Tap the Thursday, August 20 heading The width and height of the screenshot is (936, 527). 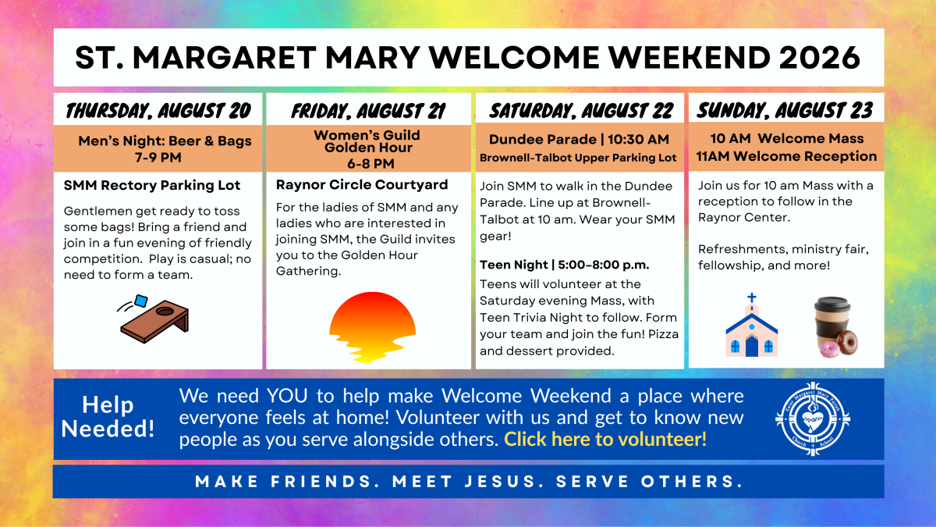158,111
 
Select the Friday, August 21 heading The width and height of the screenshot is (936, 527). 368,111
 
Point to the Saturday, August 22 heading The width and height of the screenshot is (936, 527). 581,111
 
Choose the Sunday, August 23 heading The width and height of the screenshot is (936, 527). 785,110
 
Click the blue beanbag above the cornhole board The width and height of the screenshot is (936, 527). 141,301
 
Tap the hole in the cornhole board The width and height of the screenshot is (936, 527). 165,312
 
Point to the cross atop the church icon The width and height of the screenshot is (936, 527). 752,298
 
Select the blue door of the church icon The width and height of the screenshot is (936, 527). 752,347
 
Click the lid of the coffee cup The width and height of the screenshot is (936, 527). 832,304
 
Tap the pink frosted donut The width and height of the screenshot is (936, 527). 828,350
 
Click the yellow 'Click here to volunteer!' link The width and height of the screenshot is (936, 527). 605,439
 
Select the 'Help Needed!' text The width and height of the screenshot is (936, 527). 108,417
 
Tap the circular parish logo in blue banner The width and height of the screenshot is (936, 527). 813,418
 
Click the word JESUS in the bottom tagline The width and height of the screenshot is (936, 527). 500,482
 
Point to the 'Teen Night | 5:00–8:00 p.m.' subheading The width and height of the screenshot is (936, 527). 565,265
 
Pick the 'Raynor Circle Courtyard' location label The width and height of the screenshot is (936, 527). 362,184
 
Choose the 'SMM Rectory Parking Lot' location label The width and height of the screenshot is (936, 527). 152,185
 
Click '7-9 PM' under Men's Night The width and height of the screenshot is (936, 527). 158,158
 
